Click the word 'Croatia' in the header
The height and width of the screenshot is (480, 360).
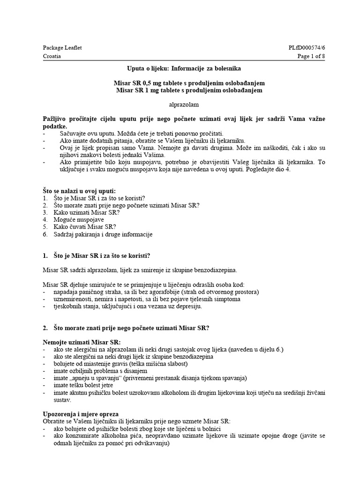[x=52, y=56]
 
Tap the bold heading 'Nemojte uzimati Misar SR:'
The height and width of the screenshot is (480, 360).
[x=82, y=342]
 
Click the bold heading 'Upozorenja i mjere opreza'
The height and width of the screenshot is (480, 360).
[x=81, y=414]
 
